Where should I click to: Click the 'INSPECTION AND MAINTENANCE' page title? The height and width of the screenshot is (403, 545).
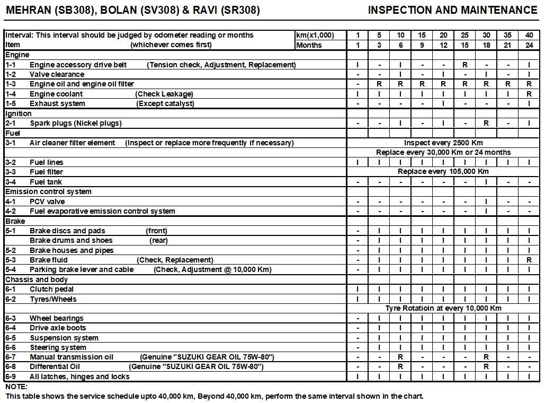pyautogui.click(x=452, y=10)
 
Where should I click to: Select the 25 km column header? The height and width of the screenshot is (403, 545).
pyautogui.click(x=464, y=36)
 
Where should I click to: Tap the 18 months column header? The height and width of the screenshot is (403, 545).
pyautogui.click(x=486, y=45)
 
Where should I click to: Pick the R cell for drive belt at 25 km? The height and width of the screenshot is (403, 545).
pyautogui.click(x=464, y=65)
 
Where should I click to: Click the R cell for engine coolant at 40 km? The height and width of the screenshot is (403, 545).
pyautogui.click(x=529, y=94)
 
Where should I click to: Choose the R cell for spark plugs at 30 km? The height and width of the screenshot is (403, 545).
pyautogui.click(x=486, y=123)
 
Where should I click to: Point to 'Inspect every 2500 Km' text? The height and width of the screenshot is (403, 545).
pyautogui.click(x=443, y=143)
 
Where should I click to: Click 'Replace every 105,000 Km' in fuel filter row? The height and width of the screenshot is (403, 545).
pyautogui.click(x=443, y=172)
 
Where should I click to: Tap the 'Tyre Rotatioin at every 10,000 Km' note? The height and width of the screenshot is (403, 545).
pyautogui.click(x=443, y=308)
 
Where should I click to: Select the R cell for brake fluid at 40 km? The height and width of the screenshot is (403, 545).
pyautogui.click(x=529, y=260)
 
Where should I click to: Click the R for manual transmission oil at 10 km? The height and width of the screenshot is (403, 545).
pyautogui.click(x=400, y=357)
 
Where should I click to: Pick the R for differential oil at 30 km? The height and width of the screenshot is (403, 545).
pyautogui.click(x=486, y=366)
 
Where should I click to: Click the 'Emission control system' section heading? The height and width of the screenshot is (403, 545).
pyautogui.click(x=48, y=191)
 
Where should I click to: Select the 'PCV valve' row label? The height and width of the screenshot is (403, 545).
pyautogui.click(x=47, y=202)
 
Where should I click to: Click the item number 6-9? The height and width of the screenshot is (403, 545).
pyautogui.click(x=11, y=376)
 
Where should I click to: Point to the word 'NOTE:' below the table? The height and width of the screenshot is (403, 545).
pyautogui.click(x=16, y=387)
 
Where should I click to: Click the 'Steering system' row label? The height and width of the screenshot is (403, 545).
pyautogui.click(x=58, y=347)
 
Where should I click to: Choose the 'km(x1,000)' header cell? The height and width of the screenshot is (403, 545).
pyautogui.click(x=315, y=36)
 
